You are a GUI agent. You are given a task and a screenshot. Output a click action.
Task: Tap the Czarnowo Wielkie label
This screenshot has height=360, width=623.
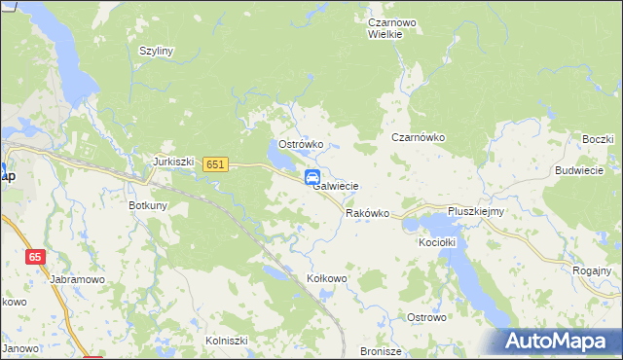[392, 26]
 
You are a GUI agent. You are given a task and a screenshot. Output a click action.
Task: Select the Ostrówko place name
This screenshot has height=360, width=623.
[301, 144]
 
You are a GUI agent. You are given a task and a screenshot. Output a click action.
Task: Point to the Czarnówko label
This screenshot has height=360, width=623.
[418, 138]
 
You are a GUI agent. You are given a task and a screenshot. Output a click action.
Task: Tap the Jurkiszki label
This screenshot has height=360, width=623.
[175, 162]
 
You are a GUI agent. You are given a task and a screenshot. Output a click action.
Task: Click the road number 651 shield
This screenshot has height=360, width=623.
[216, 165]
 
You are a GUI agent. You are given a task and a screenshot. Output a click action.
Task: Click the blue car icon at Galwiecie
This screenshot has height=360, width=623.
[313, 177]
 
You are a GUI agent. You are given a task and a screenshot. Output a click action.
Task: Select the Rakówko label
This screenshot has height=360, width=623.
[367, 213]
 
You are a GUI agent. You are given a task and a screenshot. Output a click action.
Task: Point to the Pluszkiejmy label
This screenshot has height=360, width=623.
[474, 211]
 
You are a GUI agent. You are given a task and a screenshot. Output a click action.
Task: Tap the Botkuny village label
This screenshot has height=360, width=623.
[149, 205]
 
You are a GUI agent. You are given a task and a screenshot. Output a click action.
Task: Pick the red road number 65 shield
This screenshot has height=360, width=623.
[35, 257]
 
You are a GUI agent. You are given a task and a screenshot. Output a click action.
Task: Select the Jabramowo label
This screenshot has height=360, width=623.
[76, 278]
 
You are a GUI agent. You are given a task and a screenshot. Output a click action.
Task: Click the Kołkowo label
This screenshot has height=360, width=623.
[327, 278]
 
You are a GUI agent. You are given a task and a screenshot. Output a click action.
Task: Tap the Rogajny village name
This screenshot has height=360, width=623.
[592, 270]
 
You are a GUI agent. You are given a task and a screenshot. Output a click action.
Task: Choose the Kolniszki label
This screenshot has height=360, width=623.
[227, 341]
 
